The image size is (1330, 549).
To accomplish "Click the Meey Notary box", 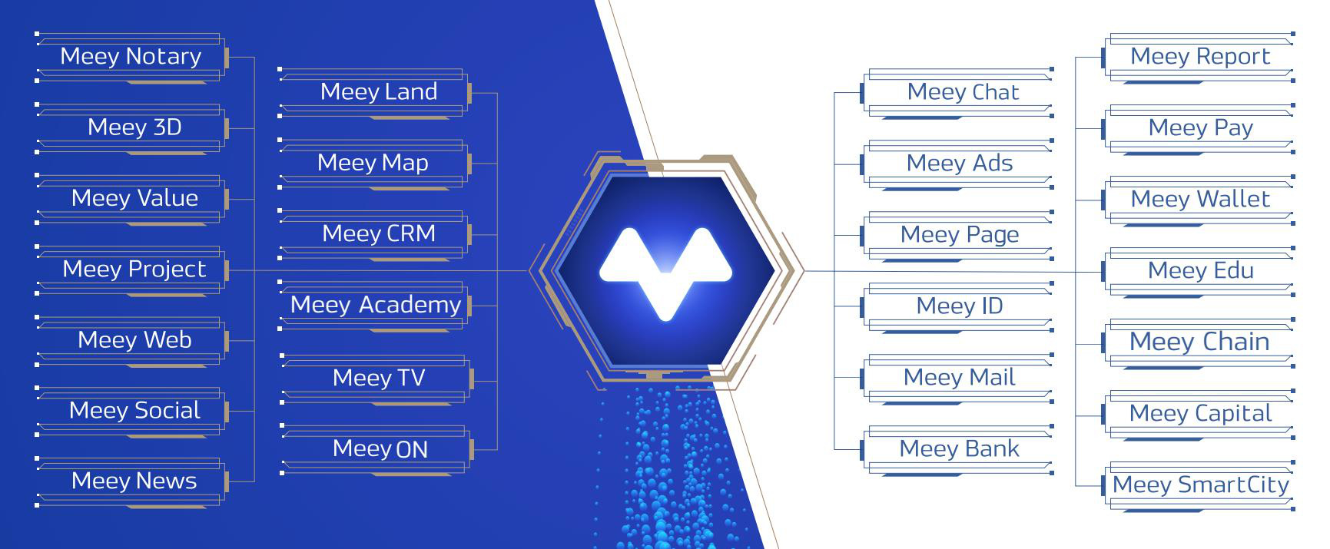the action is [x=131, y=57].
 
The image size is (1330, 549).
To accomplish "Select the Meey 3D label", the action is [x=134, y=127].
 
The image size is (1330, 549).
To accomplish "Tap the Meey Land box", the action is [x=376, y=92].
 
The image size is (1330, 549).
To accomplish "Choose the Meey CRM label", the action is [x=379, y=233].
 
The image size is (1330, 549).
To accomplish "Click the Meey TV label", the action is [x=379, y=378].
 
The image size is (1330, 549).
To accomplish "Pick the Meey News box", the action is [x=131, y=481].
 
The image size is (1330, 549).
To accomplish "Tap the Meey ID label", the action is [x=960, y=306].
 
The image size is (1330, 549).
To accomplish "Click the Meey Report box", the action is [x=1199, y=57].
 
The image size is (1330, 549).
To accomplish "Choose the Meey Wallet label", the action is [x=1200, y=199].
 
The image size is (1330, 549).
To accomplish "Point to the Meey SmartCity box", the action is [x=1199, y=485].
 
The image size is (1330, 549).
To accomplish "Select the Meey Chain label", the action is [x=1199, y=342].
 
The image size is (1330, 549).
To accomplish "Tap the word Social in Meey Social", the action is [x=167, y=410].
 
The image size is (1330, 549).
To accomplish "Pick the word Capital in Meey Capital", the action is [x=1232, y=414].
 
